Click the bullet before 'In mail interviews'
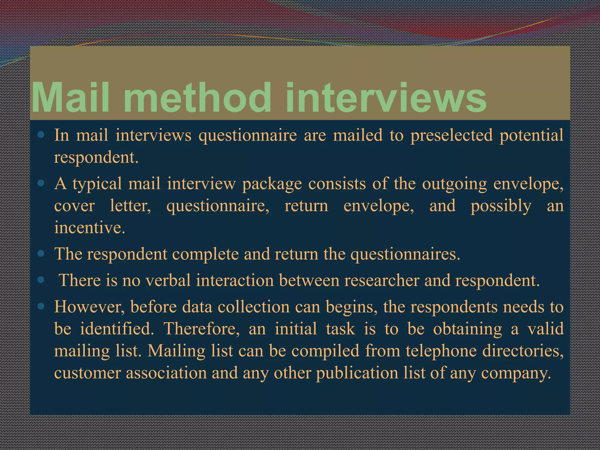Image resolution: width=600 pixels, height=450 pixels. (41, 135)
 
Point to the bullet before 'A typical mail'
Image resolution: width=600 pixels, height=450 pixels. (41, 184)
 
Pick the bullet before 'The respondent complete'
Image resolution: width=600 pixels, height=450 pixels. (41, 253)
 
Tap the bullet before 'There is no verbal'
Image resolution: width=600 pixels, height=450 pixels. (41, 280)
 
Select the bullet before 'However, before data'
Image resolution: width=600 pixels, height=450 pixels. (41, 306)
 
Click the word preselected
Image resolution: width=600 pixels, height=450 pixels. (451, 136)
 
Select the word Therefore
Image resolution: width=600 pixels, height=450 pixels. (202, 328)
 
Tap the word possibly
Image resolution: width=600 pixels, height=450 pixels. (501, 206)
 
